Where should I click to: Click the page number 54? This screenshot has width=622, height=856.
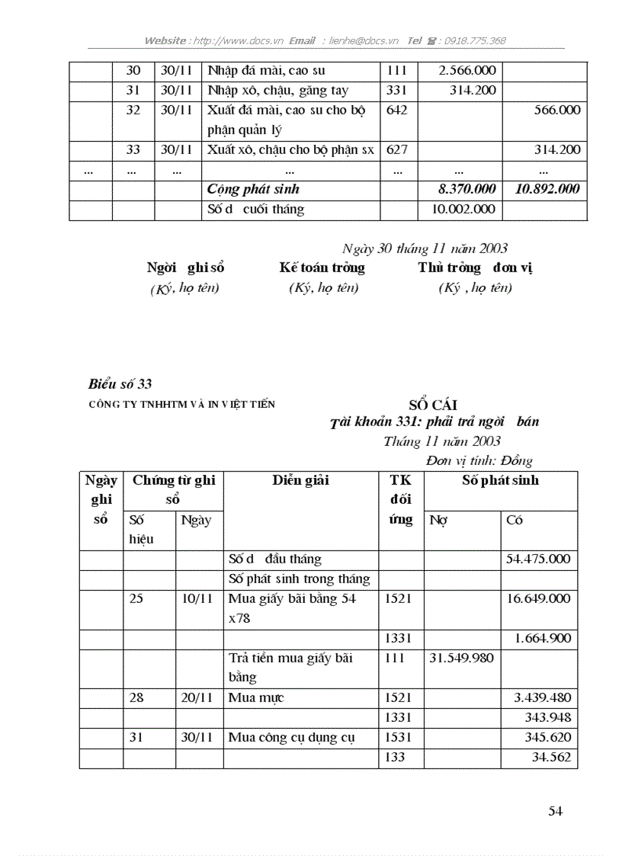(x=555, y=811)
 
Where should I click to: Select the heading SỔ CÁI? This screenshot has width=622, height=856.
(x=432, y=405)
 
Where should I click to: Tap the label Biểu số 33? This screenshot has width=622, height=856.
(x=120, y=383)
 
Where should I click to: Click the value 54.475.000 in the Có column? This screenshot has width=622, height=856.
(x=537, y=559)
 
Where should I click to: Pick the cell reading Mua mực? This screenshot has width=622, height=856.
(x=256, y=697)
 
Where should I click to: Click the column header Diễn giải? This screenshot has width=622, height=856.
(x=301, y=480)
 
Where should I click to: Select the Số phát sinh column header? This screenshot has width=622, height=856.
(x=500, y=480)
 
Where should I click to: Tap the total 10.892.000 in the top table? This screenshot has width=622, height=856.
(x=547, y=189)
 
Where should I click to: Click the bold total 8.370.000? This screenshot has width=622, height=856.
(x=462, y=189)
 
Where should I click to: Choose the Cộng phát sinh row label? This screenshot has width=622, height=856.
(x=253, y=189)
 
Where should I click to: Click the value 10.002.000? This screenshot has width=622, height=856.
(x=463, y=209)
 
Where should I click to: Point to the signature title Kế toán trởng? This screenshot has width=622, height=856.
(x=322, y=268)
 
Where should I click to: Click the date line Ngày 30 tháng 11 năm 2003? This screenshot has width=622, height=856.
(x=425, y=248)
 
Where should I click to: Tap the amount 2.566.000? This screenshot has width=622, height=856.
(x=467, y=71)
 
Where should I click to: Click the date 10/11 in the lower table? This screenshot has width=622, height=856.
(x=197, y=598)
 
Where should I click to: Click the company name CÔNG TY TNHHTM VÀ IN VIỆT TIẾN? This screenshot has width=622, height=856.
(x=182, y=404)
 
